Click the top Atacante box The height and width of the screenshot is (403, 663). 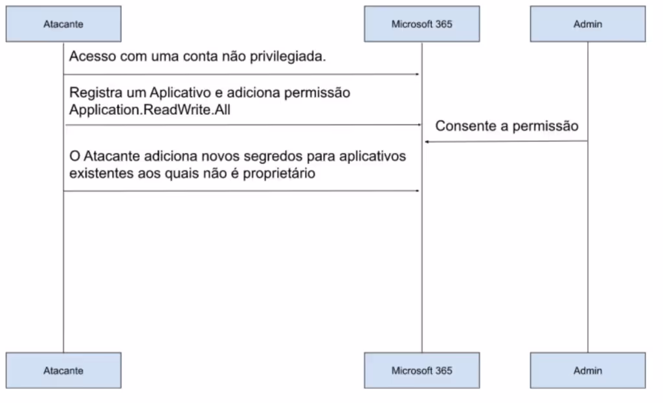pyautogui.click(x=63, y=24)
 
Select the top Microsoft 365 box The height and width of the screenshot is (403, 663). pyautogui.click(x=421, y=24)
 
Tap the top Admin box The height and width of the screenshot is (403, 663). pyautogui.click(x=587, y=24)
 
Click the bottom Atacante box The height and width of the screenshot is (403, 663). pyautogui.click(x=63, y=371)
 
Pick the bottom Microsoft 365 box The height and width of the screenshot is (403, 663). pyautogui.click(x=421, y=371)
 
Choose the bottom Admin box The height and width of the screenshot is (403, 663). pyautogui.click(x=587, y=371)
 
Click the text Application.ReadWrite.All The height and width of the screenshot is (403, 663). pyautogui.click(x=150, y=109)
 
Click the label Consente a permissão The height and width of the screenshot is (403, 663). pyautogui.click(x=506, y=126)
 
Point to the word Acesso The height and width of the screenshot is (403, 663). pyautogui.click(x=90, y=56)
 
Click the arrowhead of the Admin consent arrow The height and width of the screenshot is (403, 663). pyautogui.click(x=427, y=141)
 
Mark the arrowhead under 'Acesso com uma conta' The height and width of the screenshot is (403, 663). pyautogui.click(x=418, y=75)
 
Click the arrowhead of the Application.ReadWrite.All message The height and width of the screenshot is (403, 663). pyautogui.click(x=418, y=124)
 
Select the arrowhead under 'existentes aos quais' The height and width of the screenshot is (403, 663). pyautogui.click(x=418, y=190)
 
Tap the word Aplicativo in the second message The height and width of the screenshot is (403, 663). pyautogui.click(x=179, y=93)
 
